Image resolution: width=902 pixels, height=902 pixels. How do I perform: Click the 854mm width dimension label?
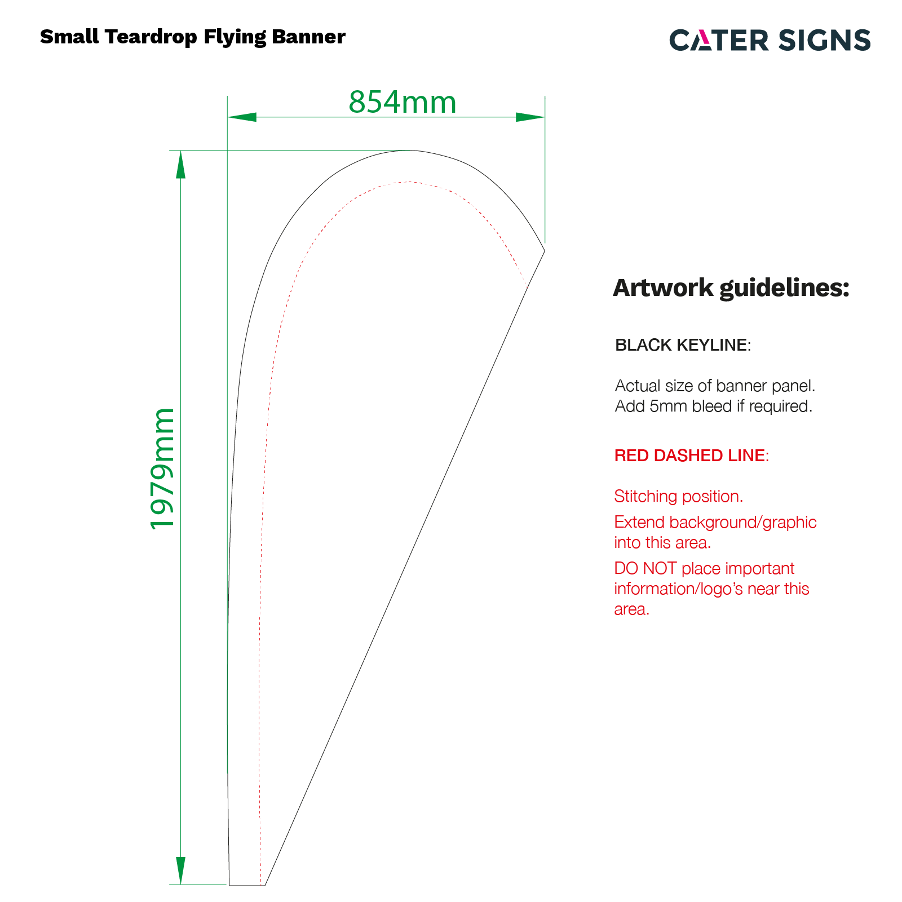pos(402,102)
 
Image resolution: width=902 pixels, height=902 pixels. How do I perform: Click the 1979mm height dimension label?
pos(162,468)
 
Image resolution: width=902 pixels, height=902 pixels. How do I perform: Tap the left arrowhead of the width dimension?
pos(242,117)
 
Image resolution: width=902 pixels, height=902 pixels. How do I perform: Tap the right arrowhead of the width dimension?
pos(530,117)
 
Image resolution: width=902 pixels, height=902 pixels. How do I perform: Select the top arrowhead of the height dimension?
pos(180,165)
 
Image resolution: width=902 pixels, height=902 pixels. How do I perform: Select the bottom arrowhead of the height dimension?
pos(180,870)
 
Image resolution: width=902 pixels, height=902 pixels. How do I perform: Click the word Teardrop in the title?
pos(151,37)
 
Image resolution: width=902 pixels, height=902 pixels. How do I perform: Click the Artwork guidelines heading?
pos(731,288)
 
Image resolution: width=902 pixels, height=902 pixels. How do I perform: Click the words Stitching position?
pos(679,496)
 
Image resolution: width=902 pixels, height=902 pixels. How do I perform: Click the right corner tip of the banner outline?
pos(545,250)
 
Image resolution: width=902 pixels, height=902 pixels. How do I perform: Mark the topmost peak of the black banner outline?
pos(410,151)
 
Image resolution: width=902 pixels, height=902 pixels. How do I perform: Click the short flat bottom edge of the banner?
pos(247,885)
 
